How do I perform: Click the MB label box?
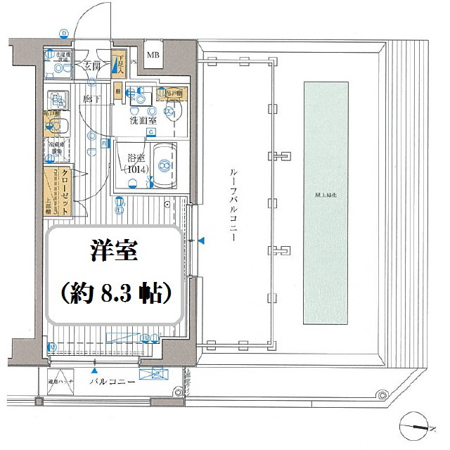click(x=153, y=53)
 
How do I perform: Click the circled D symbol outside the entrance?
click(x=64, y=33)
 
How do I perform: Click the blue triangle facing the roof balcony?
click(x=202, y=241)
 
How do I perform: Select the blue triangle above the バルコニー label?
click(x=94, y=370)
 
